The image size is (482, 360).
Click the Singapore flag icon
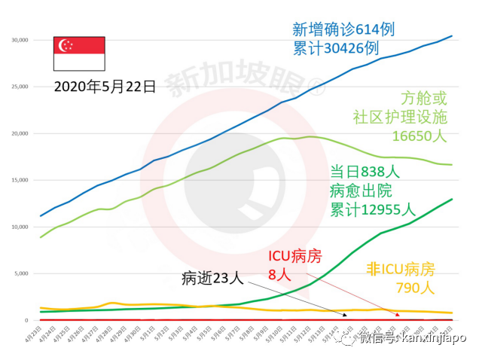click(78, 53)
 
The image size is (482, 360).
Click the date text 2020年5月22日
click(105, 87)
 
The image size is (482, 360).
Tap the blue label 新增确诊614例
click(343, 29)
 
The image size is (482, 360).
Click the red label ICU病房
click(294, 257)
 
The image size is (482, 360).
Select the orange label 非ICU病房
click(405, 268)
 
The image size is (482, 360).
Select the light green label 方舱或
click(423, 98)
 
